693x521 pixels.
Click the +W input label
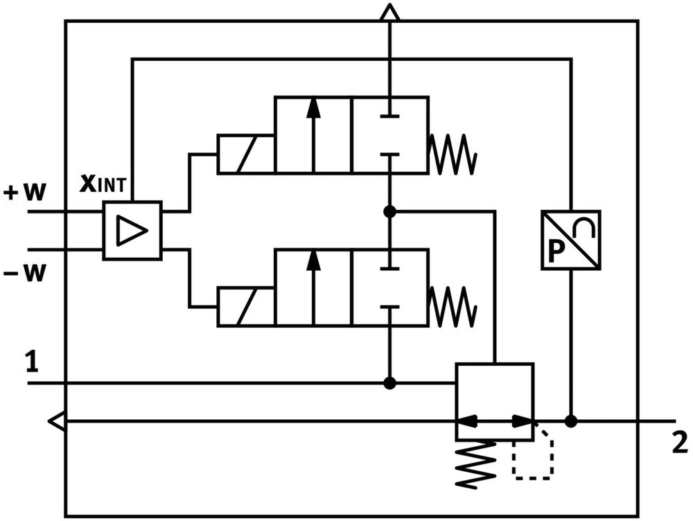click(24, 192)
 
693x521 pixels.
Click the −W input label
click(24, 272)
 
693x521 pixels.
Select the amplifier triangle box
click(132, 231)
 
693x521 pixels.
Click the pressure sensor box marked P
click(570, 239)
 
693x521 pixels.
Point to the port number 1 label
click(32, 362)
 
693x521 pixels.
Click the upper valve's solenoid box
click(245, 154)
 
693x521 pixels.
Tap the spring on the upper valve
click(453, 154)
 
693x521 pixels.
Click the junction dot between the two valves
click(390, 211)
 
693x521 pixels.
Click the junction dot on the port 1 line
click(390, 382)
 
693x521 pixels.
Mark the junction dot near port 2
click(570, 421)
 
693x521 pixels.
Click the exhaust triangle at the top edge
click(390, 12)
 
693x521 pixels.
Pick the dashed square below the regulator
click(532, 458)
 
